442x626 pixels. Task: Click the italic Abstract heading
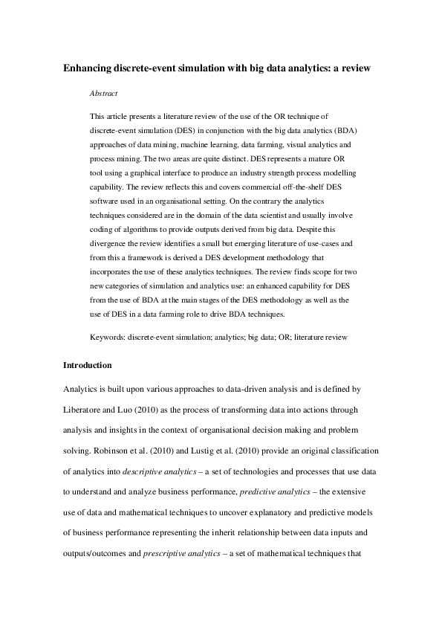(103, 94)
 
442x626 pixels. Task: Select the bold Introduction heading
(88, 365)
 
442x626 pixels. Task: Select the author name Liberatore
(85, 410)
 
